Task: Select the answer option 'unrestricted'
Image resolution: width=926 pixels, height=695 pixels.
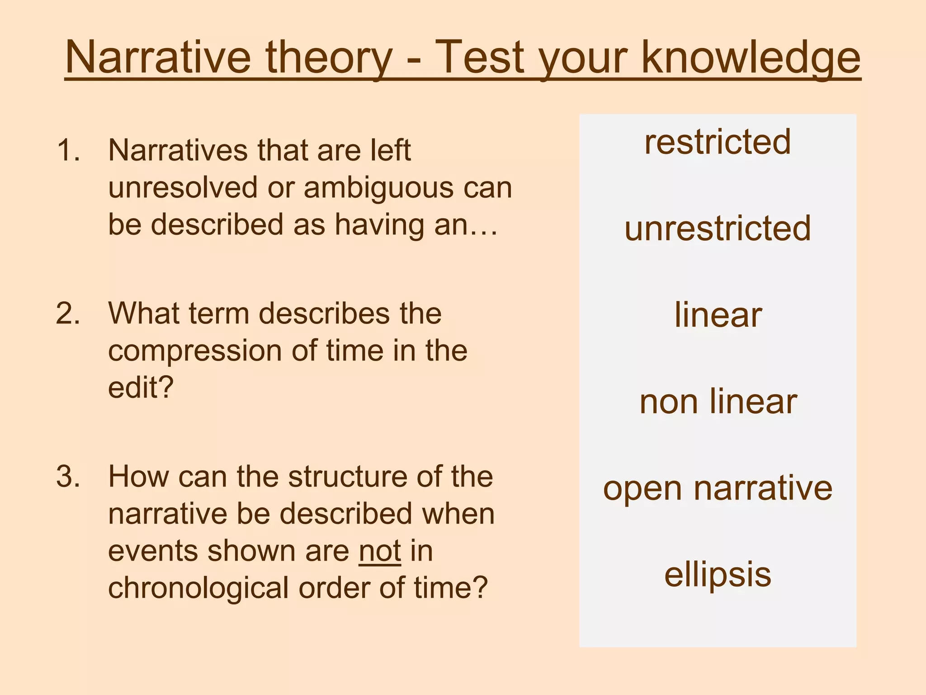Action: coord(718,228)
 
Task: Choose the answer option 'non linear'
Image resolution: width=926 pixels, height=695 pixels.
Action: coord(718,401)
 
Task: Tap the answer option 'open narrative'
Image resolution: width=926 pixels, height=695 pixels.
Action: coord(718,488)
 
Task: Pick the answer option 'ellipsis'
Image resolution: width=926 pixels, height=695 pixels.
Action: coord(718,575)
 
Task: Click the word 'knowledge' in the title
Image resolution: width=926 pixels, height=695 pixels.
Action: coord(751,58)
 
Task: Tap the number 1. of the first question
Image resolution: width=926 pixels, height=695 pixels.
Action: coord(68,150)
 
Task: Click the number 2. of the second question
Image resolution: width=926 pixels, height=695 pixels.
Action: coord(68,313)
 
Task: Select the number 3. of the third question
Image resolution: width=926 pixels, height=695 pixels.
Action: coord(68,476)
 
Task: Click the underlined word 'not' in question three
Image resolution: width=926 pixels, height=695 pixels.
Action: coord(380,551)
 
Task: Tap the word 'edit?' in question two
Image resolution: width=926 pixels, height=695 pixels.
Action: coord(141,388)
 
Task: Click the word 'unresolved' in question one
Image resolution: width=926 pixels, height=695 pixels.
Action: coord(183,187)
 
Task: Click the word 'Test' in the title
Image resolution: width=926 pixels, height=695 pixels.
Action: coord(479,58)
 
